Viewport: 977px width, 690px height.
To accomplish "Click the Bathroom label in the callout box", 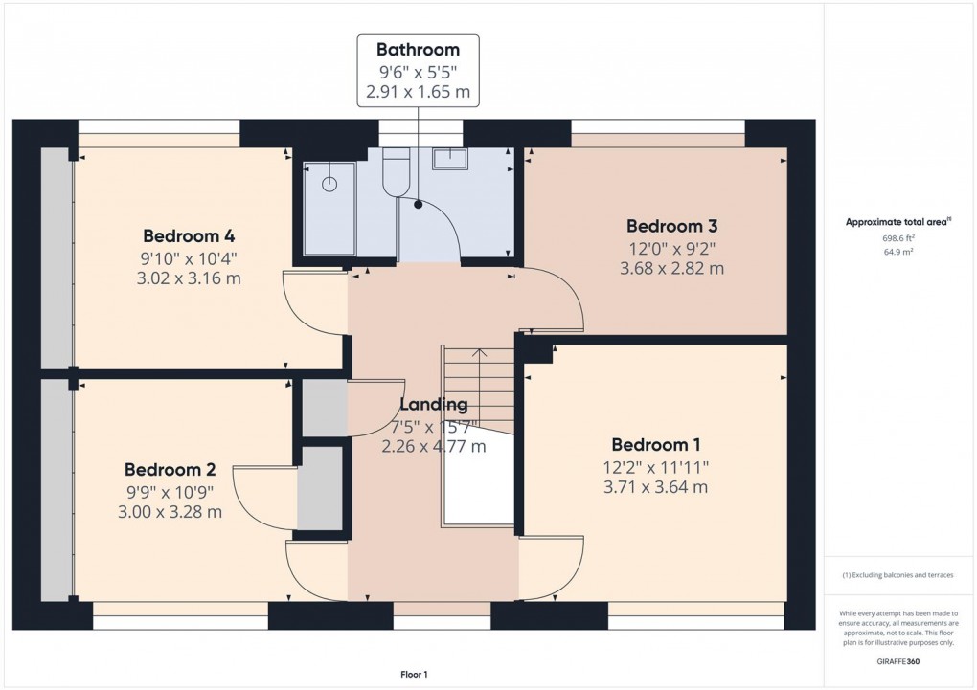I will point(418,50).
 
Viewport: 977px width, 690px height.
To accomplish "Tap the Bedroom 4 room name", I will point(189,236).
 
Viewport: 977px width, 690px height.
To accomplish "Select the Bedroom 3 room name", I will point(671,227).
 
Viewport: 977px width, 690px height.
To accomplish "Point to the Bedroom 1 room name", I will point(656,445).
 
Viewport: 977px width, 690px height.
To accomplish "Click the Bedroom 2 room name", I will point(170,470).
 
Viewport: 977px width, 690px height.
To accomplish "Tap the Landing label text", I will point(433,405).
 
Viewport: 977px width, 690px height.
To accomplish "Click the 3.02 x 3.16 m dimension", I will point(190,279).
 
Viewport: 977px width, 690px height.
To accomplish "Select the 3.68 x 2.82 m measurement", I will point(671,269).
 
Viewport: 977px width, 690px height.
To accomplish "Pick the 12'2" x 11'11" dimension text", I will point(657,467).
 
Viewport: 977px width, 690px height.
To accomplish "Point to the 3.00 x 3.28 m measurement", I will point(170,512).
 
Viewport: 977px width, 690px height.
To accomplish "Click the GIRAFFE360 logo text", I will point(898,661).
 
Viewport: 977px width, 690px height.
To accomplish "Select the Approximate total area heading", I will point(897,222).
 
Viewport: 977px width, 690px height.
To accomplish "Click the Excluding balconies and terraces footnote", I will point(897,575).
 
